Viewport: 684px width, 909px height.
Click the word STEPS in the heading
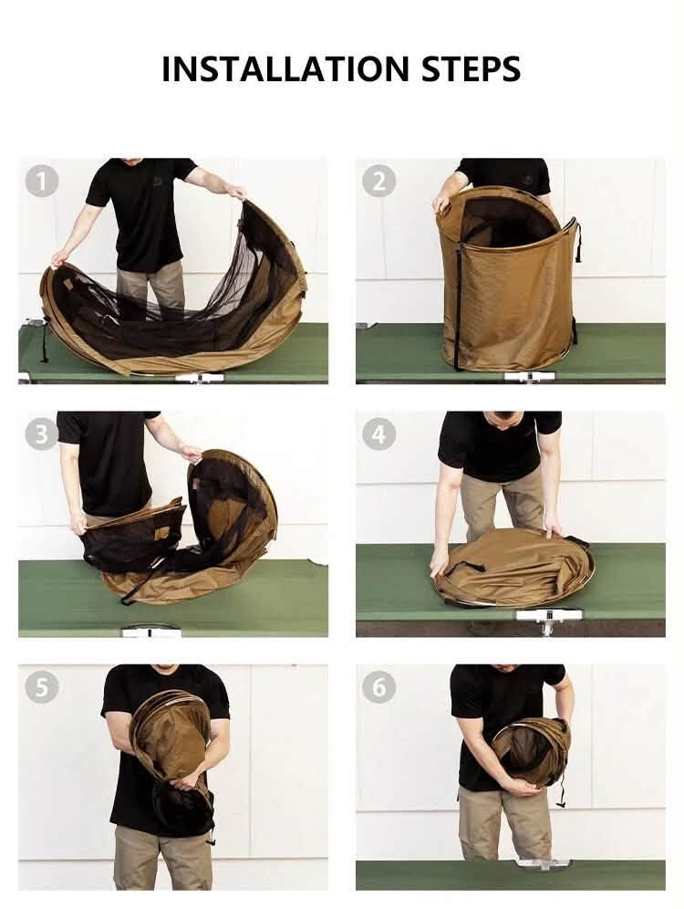coord(471,69)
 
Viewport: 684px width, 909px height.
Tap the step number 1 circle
coord(42,181)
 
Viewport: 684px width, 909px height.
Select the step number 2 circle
coord(378,181)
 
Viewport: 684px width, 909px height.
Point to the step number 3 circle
coord(42,434)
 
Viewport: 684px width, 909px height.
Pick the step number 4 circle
coord(378,434)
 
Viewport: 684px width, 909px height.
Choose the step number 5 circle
coord(42,687)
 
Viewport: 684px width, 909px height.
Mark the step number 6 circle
coord(378,687)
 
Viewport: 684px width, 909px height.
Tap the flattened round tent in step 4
coord(513,568)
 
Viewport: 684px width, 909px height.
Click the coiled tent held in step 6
coord(531,754)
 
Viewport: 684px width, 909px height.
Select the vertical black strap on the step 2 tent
coord(458,308)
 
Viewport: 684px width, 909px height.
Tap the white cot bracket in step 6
coord(541,864)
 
